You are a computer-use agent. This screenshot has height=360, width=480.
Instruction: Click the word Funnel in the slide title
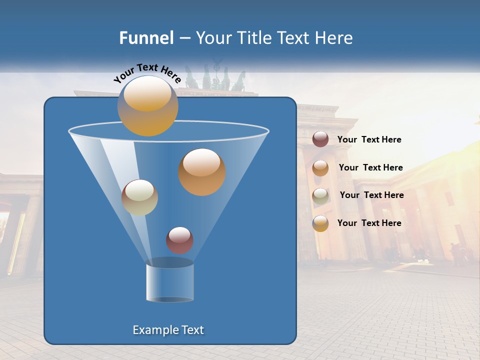point(146,38)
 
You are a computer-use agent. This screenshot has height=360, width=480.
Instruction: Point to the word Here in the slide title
point(334,38)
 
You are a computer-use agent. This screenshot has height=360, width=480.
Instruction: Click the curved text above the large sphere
point(147,72)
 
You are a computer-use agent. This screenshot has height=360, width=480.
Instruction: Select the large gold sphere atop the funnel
point(147,106)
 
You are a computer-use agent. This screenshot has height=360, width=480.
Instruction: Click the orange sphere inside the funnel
point(202,172)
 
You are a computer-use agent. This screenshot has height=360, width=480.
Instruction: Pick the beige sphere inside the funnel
point(139,197)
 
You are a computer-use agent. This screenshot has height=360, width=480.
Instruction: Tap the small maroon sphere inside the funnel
point(179,240)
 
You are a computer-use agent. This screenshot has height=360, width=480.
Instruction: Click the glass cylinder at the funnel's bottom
point(169,282)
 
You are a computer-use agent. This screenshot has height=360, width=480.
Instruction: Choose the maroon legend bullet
point(320,139)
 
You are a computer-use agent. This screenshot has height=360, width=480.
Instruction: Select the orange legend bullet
point(320,167)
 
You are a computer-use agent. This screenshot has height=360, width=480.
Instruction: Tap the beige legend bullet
point(320,195)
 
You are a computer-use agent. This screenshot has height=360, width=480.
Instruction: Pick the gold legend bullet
point(320,223)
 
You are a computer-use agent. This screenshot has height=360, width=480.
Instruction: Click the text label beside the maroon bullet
point(369,140)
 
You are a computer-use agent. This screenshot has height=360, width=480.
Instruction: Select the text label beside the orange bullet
point(370,167)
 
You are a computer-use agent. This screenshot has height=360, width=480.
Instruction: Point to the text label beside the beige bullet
point(371,195)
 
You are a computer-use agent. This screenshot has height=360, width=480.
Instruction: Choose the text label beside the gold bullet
point(369,223)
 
